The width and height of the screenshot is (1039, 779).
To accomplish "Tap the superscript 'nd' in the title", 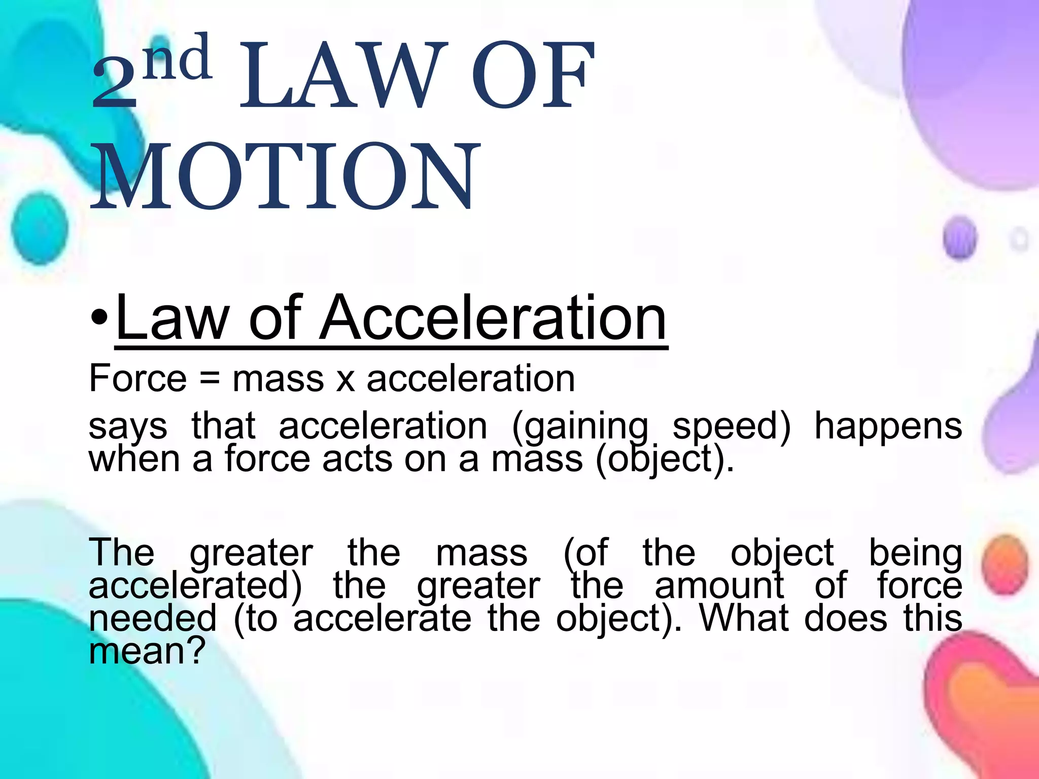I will [177, 58].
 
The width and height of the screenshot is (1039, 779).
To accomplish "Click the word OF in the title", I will [533, 76].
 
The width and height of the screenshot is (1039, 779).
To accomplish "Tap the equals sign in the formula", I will [210, 379].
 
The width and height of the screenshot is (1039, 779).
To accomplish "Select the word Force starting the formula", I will [138, 379].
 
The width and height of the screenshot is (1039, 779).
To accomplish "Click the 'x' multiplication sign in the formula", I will [345, 380].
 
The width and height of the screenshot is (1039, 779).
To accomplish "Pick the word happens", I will [888, 426].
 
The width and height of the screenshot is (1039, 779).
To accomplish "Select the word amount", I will [719, 586].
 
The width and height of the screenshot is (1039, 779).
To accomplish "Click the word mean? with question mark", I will [147, 651].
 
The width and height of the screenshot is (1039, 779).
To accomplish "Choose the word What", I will [744, 618].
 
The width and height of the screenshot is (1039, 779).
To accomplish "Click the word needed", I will [153, 618].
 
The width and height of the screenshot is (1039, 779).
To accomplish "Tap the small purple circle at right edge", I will [960, 237].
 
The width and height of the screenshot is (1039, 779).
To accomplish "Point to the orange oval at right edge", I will [1005, 564].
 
